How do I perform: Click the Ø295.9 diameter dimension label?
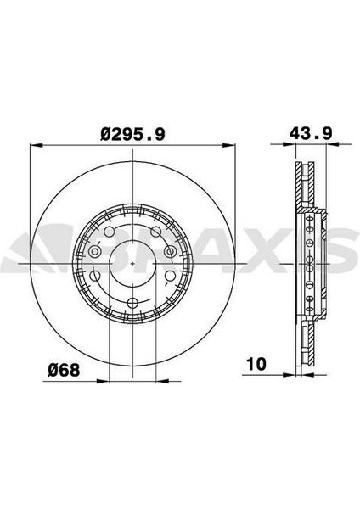(132, 134)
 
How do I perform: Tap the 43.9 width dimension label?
(311, 133)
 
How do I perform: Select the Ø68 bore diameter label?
(64, 370)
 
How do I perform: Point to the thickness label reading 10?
(256, 364)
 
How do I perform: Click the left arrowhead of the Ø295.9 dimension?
(36, 146)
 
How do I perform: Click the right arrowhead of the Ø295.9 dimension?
(228, 146)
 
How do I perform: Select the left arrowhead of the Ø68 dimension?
(103, 381)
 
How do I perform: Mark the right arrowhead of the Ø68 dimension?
(162, 381)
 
